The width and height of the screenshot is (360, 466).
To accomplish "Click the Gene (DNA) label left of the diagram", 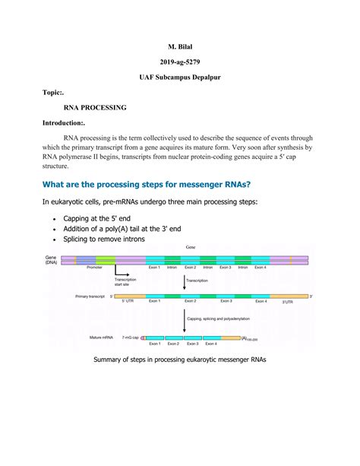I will click(x=51, y=259).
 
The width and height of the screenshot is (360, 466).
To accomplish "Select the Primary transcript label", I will click(x=70, y=296).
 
